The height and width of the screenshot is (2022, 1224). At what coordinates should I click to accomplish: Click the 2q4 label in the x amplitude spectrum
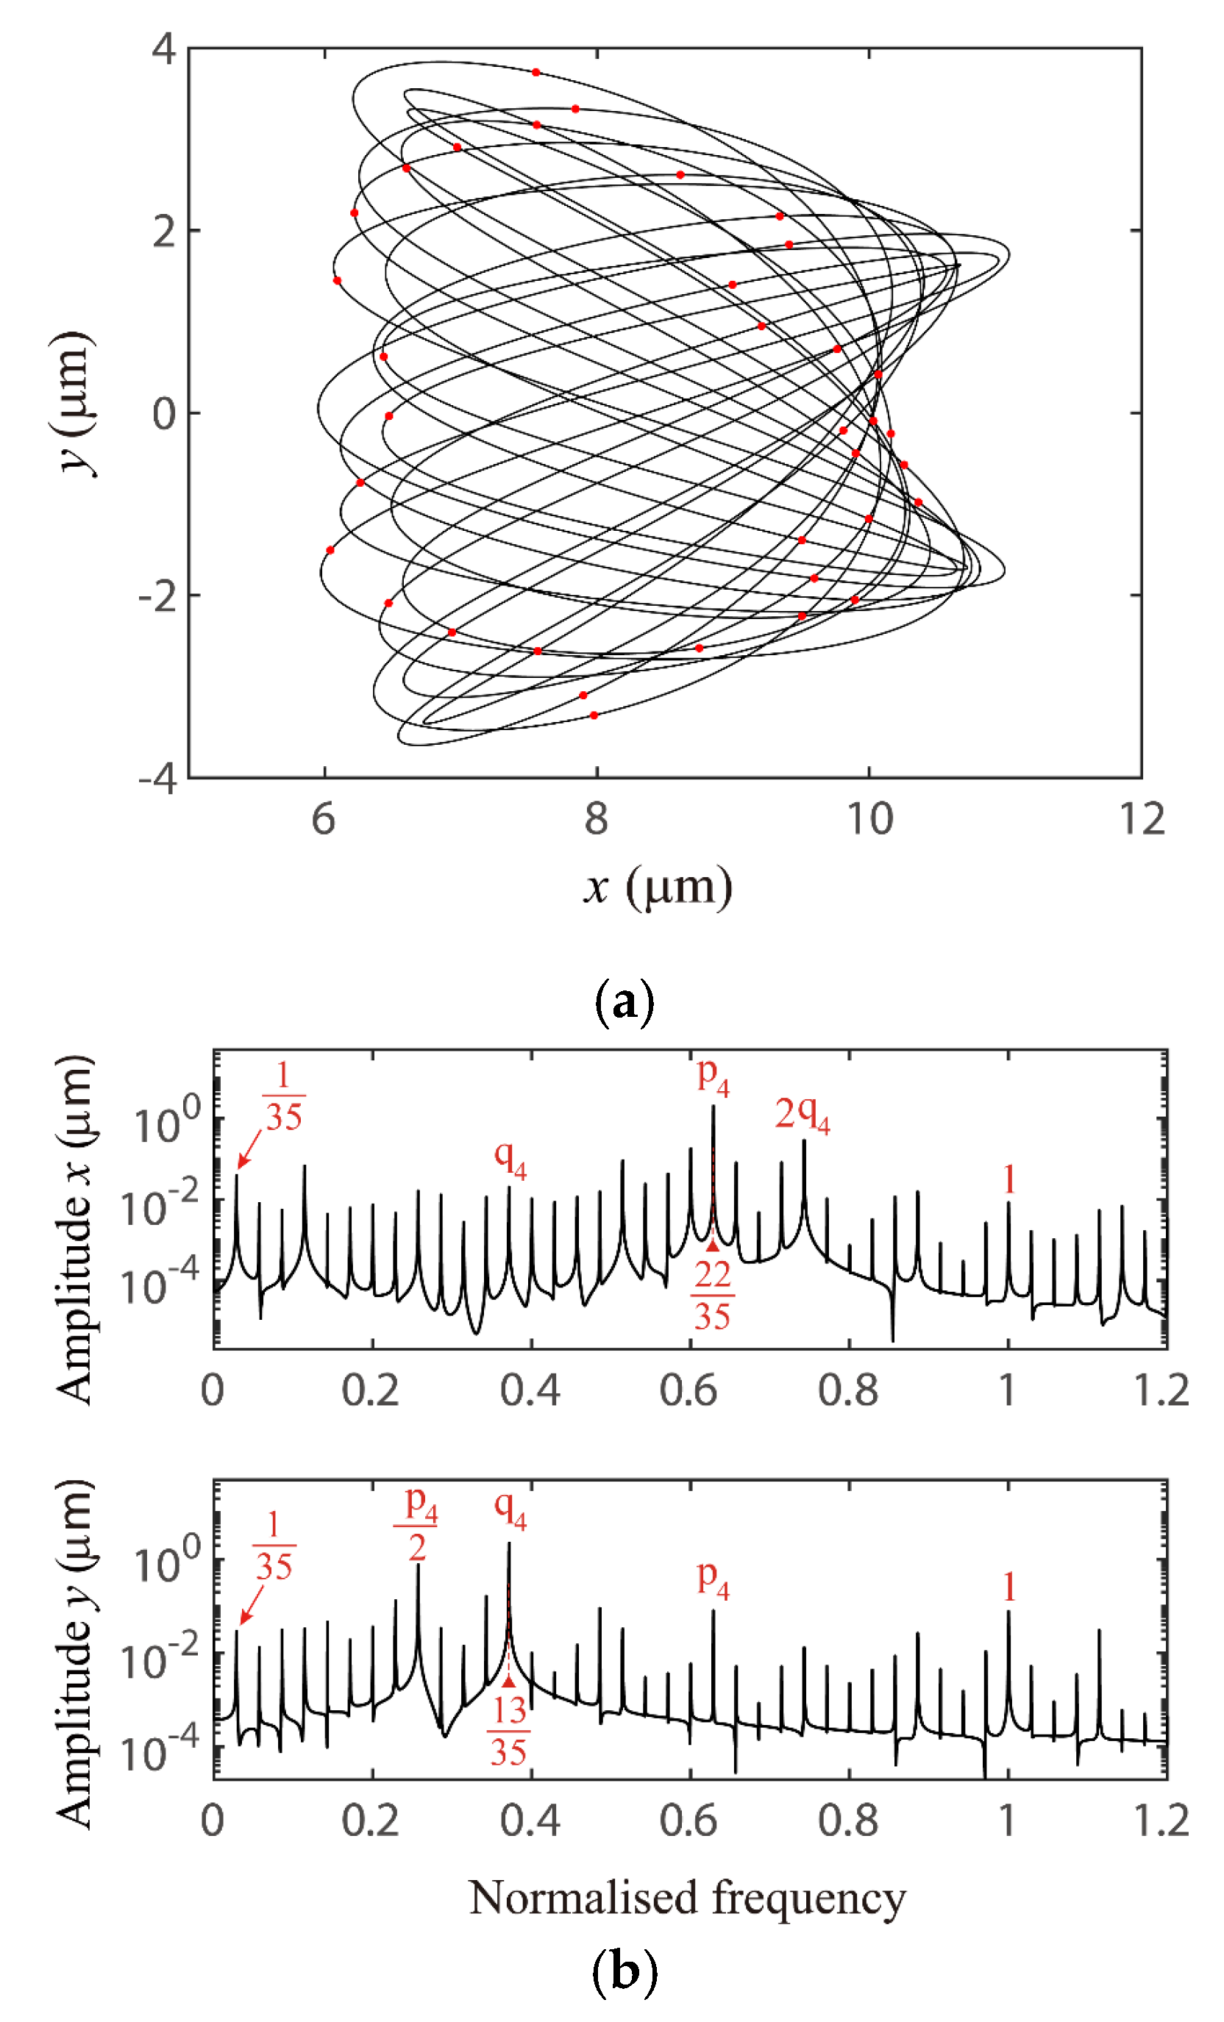[x=801, y=1116]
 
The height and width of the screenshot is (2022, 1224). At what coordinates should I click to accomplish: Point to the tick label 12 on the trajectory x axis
[x=1141, y=819]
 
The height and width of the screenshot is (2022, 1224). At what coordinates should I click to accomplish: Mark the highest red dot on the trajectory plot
[x=536, y=72]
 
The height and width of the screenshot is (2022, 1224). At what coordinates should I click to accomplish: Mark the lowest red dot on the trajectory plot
[x=594, y=715]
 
